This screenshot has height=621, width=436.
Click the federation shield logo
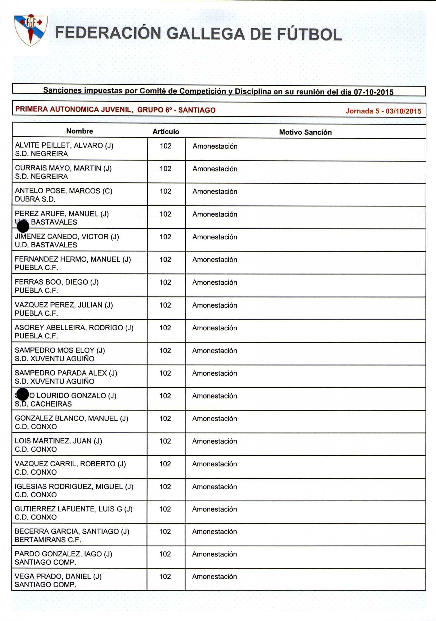(x=31, y=30)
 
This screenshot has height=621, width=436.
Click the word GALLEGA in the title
(x=205, y=34)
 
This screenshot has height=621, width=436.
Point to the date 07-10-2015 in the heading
(x=373, y=92)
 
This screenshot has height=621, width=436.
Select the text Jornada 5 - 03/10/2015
(x=383, y=111)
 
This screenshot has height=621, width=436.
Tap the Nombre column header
(x=79, y=131)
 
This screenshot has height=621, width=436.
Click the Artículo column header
(x=166, y=132)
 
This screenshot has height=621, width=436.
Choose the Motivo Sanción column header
(x=305, y=132)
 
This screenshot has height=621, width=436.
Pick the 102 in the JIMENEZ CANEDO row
(x=165, y=237)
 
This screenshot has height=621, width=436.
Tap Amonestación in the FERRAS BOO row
(x=215, y=282)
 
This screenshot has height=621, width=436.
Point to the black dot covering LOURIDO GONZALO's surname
(x=23, y=394)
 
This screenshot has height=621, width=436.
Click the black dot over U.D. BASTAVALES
(x=23, y=226)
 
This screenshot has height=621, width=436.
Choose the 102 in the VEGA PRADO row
(x=165, y=576)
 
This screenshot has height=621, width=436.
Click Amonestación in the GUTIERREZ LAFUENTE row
(x=214, y=509)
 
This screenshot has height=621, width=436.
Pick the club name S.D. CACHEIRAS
(x=43, y=404)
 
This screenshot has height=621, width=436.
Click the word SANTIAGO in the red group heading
(x=197, y=110)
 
